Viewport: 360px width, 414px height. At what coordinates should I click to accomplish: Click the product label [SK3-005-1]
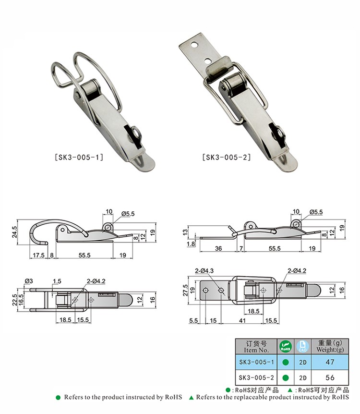79,158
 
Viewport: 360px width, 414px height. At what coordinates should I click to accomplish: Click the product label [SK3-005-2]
227,158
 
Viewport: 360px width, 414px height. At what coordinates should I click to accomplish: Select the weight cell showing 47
330,362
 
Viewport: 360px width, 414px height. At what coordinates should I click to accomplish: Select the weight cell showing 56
330,377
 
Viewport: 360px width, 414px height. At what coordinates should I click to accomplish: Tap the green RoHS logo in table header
286,346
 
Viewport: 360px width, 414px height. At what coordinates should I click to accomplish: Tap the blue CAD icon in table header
303,346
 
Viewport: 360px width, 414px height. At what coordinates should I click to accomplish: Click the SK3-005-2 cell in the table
256,377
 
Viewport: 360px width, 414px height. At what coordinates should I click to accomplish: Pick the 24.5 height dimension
14,232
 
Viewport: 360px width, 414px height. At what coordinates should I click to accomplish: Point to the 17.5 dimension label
38,255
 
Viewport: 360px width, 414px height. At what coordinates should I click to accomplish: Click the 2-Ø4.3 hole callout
204,270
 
